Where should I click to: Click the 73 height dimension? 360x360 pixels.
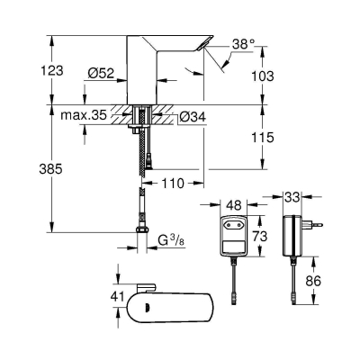tap(257, 235)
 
